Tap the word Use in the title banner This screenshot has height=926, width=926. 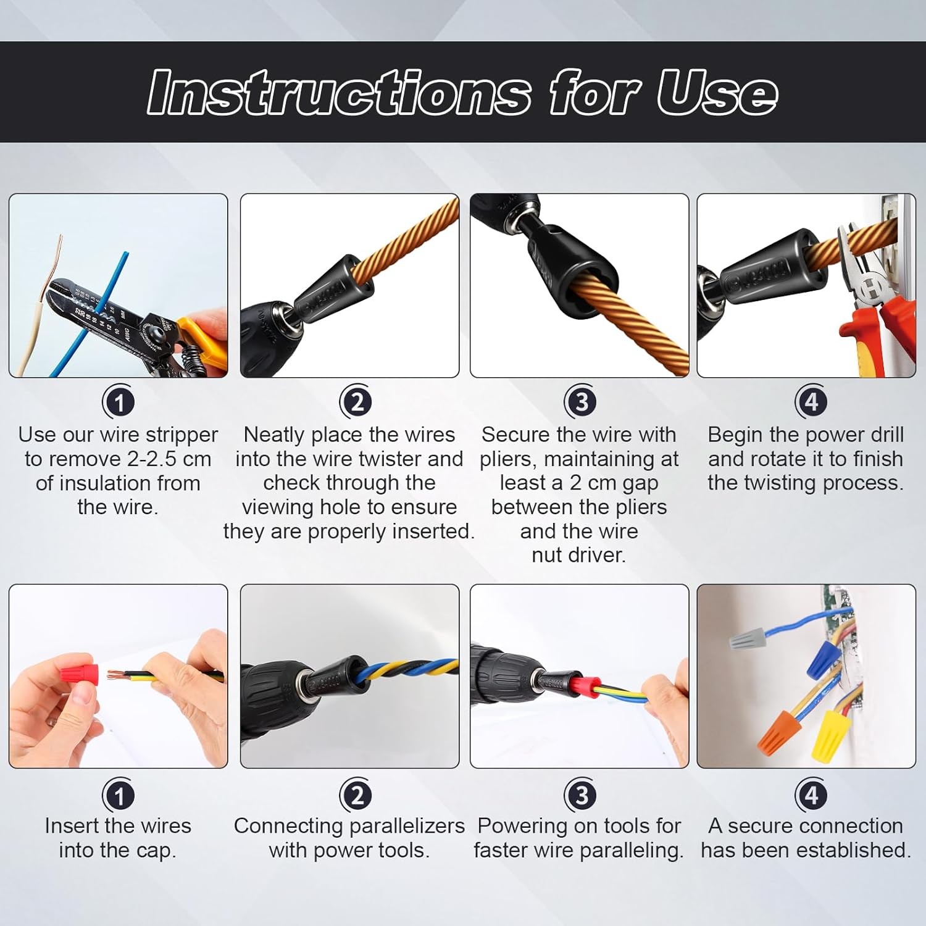(x=716, y=93)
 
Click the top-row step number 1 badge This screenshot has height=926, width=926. (x=119, y=403)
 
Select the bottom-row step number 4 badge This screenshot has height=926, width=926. (x=811, y=795)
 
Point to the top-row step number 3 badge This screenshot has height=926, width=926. (x=580, y=403)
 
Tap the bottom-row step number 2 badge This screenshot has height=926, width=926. (x=356, y=795)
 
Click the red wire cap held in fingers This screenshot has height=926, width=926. (x=80, y=674)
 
